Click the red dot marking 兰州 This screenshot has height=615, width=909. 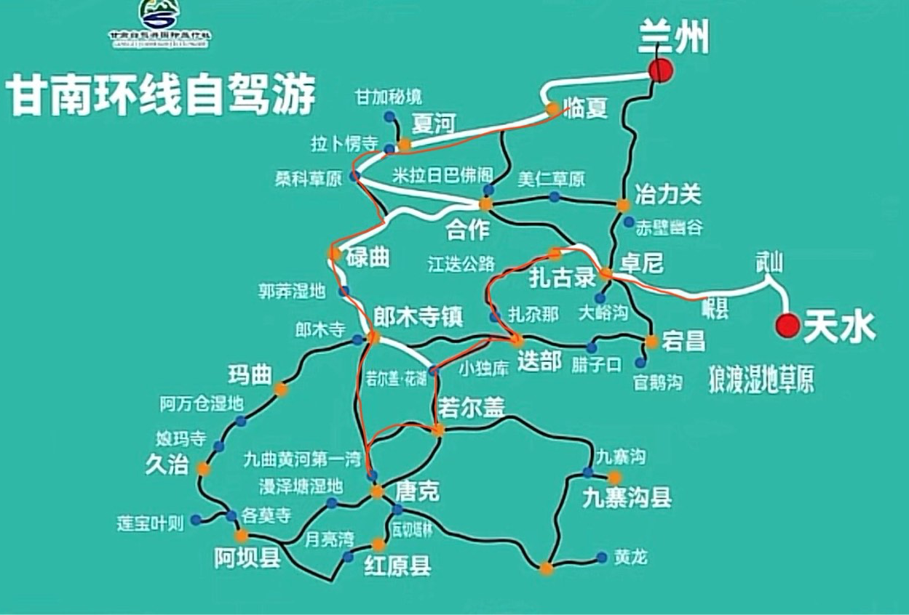click(x=661, y=70)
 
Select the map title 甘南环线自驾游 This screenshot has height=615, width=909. click(x=162, y=95)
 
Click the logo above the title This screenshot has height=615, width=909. click(x=159, y=22)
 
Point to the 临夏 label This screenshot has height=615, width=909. click(x=585, y=110)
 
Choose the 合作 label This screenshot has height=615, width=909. click(x=469, y=229)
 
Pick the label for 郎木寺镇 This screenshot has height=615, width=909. click(x=418, y=316)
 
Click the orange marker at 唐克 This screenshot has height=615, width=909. click(x=377, y=492)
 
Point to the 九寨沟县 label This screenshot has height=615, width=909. click(x=626, y=499)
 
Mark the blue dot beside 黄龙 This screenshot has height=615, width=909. click(x=602, y=558)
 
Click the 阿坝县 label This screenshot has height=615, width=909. click(x=247, y=558)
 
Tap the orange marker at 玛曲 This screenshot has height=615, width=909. click(x=281, y=390)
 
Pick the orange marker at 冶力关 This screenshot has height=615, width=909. click(x=623, y=205)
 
